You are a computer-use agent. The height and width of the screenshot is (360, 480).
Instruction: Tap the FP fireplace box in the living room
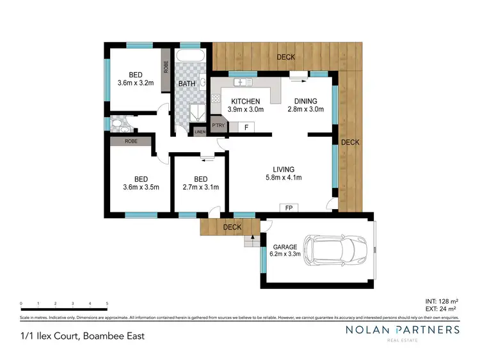[289, 208]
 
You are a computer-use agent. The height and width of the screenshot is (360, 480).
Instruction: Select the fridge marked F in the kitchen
[246, 127]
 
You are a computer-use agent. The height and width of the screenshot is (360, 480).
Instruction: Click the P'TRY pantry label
[218, 126]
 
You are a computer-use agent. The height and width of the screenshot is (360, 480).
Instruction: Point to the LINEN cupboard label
[200, 132]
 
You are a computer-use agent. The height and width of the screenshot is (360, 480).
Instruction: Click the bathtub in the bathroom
[190, 55]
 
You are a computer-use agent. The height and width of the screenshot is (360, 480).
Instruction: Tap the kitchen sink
[244, 82]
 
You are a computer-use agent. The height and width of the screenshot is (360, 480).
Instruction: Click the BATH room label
[187, 84]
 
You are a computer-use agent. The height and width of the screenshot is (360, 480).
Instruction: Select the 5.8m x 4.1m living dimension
[284, 178]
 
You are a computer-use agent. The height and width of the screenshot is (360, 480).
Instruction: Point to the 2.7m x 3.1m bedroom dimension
[200, 187]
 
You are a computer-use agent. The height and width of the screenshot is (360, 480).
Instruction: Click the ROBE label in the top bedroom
[165, 66]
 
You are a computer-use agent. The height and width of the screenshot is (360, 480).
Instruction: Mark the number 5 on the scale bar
[107, 303]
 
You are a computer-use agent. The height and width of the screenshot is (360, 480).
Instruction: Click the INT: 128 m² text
[441, 301]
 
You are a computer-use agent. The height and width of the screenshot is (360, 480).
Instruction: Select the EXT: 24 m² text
[442, 308]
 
